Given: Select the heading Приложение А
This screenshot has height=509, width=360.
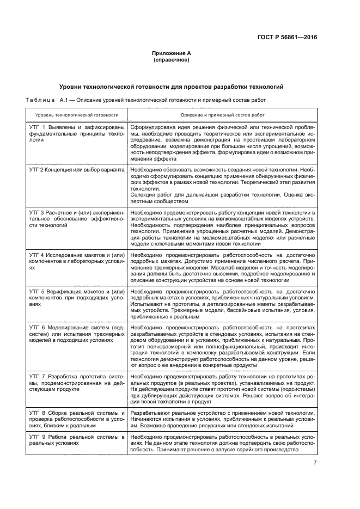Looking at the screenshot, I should pyautogui.click(x=172, y=53).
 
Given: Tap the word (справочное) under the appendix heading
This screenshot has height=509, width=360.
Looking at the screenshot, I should pyautogui.click(x=172, y=60).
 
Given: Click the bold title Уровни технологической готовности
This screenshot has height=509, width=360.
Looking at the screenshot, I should pyautogui.click(x=172, y=87).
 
